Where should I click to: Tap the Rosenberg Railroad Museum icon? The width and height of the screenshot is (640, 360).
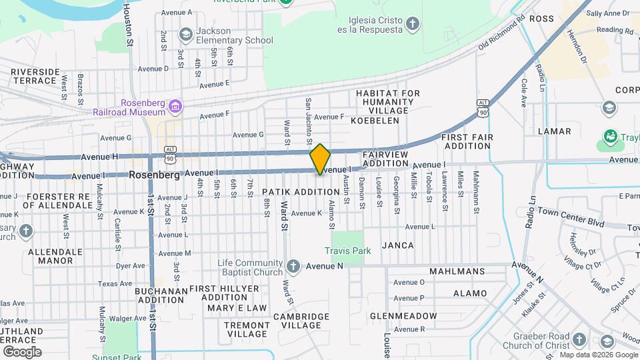point(175,106)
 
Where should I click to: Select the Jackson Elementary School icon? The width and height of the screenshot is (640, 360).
point(185,35)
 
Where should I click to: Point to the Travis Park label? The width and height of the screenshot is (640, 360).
point(347,251)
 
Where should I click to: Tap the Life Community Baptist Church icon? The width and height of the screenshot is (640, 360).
point(292,267)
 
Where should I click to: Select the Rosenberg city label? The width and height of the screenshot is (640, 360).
point(155,175)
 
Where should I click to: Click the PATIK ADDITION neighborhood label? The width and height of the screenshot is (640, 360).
point(305,191)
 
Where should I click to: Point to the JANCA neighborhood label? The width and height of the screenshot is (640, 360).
point(398,245)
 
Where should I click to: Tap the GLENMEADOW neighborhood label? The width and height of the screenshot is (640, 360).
point(404,316)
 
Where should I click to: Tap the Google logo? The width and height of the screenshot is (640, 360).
point(22,351)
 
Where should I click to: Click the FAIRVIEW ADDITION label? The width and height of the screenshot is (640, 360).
point(385,159)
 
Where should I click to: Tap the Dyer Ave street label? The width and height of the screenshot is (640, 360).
point(131,266)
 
